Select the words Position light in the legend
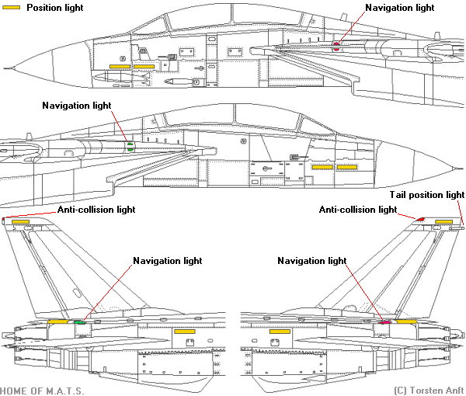55,8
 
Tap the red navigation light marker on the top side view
337,45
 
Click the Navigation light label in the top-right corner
399,7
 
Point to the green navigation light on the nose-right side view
130,144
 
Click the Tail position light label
426,195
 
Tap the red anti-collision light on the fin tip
421,220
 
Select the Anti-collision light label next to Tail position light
358,210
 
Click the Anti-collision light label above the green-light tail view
96,210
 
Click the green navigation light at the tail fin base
78,321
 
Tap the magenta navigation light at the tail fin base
384,321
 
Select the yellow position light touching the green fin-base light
58,321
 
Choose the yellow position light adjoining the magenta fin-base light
407,321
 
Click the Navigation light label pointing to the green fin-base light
168,261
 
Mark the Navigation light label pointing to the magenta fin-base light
311,261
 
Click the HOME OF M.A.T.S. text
42,390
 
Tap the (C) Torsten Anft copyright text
429,390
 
